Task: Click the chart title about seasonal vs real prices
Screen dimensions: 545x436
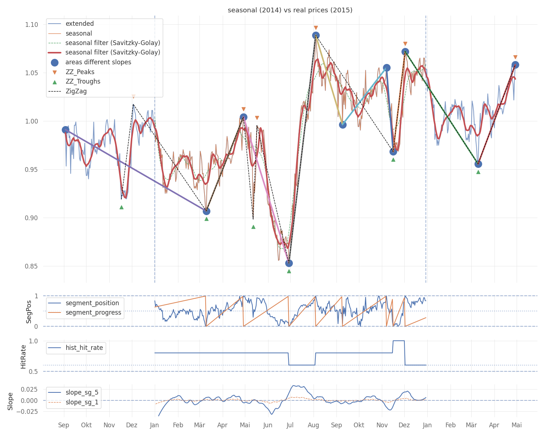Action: pos(290,10)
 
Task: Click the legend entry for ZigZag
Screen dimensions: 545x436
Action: pos(76,91)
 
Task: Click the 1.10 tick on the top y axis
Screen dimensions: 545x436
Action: pos(31,25)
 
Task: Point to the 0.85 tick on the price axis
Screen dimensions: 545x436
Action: pos(31,266)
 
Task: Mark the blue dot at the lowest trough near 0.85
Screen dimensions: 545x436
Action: pos(289,263)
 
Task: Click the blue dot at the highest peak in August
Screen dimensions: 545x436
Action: pos(316,36)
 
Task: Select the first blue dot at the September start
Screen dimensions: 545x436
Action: pos(66,130)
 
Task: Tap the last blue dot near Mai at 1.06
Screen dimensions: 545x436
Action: pos(515,65)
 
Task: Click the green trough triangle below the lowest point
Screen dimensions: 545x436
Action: pos(289,271)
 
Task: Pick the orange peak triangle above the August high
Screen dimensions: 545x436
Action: pos(316,28)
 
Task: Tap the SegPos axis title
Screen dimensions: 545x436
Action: pos(29,312)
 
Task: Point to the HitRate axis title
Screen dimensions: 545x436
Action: pos(23,357)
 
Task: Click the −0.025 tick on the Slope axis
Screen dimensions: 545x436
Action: pos(27,412)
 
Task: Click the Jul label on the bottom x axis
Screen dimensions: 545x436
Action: pos(290,425)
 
